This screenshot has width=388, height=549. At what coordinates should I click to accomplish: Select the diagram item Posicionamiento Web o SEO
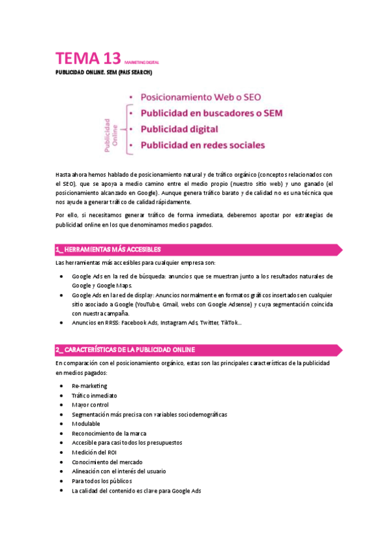[x=201, y=97]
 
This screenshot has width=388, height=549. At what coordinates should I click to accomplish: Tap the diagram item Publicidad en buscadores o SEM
[x=211, y=113]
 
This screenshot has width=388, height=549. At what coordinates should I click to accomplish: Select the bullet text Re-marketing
[x=89, y=386]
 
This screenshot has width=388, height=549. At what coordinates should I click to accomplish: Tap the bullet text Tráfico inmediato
[x=95, y=396]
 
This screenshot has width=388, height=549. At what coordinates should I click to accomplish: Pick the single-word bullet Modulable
[x=86, y=423]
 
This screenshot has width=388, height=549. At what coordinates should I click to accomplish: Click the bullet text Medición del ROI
[x=94, y=452]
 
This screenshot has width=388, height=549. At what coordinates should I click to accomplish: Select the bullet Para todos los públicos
[x=102, y=481]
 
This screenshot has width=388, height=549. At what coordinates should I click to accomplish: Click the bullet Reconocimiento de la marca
[x=109, y=433]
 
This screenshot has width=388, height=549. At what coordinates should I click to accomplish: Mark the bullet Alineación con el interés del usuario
[x=119, y=471]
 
